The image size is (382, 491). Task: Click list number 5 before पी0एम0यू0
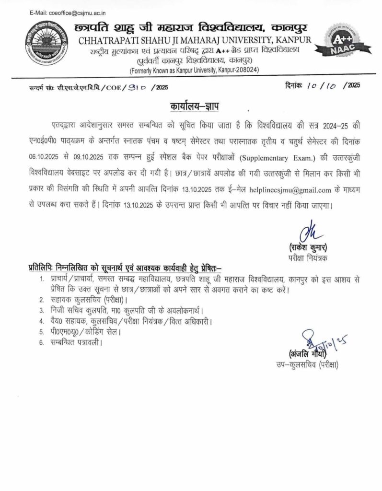[42, 331]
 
